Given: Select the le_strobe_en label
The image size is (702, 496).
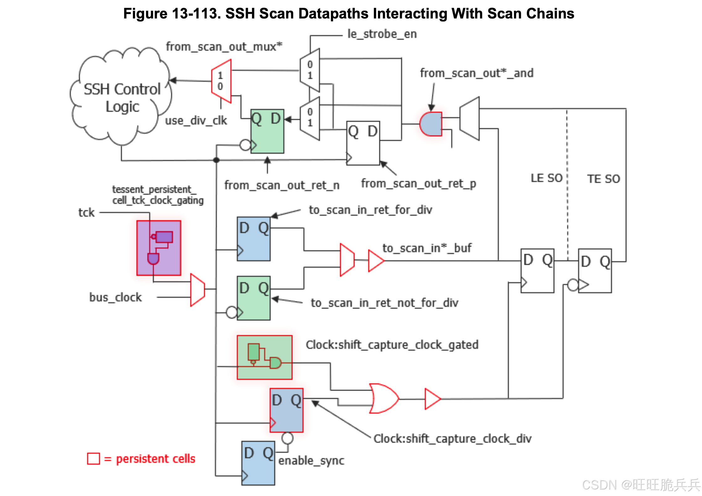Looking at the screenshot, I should (x=382, y=34).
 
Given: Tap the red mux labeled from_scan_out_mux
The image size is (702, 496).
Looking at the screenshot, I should (x=221, y=81).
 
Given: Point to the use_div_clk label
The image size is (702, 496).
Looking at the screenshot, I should (x=196, y=121).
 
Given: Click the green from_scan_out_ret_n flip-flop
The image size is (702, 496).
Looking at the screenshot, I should (x=267, y=131).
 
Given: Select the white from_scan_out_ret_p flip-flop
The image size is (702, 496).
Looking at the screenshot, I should (x=363, y=143).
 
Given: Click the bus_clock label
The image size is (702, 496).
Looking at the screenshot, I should (x=115, y=297).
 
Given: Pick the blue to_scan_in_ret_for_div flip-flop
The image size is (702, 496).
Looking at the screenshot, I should (x=254, y=239).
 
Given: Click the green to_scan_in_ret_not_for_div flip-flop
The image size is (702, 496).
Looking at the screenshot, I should (x=254, y=298).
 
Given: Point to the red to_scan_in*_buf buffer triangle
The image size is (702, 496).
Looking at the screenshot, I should (x=375, y=261).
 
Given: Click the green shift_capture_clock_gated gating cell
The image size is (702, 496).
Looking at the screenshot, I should (x=265, y=357).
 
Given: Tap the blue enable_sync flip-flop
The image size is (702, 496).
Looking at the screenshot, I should (x=258, y=463).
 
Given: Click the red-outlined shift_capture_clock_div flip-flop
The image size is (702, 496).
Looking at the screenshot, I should (x=286, y=410).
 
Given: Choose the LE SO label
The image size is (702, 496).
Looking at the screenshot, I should (x=547, y=178).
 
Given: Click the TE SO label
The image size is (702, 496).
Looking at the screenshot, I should (x=603, y=179).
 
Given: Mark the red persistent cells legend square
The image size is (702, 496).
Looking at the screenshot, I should (x=93, y=459).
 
